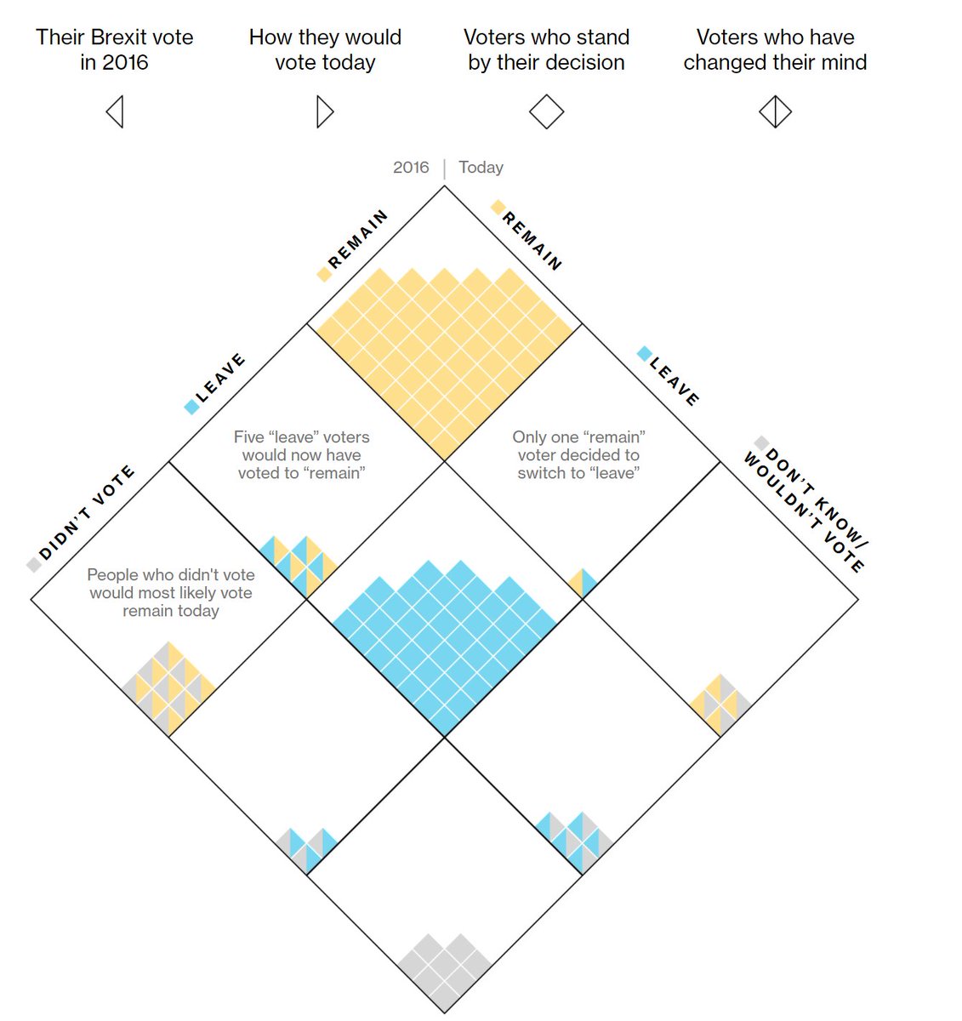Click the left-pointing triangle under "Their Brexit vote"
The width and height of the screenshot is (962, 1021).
pyautogui.click(x=116, y=111)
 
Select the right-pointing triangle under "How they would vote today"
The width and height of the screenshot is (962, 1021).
pyautogui.click(x=324, y=111)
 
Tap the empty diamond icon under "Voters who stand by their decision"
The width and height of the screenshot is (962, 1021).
pyautogui.click(x=546, y=111)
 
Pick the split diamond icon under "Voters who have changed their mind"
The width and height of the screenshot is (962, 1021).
pyautogui.click(x=775, y=111)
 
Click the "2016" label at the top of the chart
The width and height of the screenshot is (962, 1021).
pyautogui.click(x=411, y=168)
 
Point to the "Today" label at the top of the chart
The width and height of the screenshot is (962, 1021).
pyautogui.click(x=481, y=168)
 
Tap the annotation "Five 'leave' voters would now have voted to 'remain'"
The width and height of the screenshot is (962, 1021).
pyautogui.click(x=301, y=455)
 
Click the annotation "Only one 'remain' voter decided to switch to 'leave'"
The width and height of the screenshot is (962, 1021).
pyautogui.click(x=578, y=455)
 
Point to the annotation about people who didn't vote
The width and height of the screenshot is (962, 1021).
pyautogui.click(x=171, y=593)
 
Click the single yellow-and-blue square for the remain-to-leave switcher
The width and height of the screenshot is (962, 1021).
pyautogui.click(x=583, y=584)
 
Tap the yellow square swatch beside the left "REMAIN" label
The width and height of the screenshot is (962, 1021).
pyautogui.click(x=324, y=274)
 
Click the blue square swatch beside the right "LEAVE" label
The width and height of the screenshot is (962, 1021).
pyautogui.click(x=645, y=354)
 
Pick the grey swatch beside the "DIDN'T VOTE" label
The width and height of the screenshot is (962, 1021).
pyautogui.click(x=34, y=565)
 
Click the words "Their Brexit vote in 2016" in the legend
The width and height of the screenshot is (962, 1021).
pyautogui.click(x=115, y=50)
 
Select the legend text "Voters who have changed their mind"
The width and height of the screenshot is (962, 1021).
pyautogui.click(x=775, y=50)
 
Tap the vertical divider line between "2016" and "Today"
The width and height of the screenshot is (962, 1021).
pyautogui.click(x=444, y=168)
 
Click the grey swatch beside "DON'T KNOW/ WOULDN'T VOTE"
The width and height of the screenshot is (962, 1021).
pyautogui.click(x=761, y=443)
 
